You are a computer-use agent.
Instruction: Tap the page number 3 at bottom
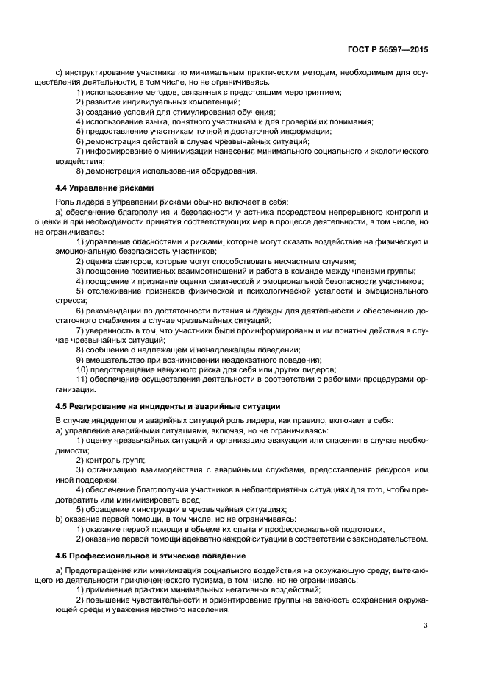[x=426, y=626]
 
